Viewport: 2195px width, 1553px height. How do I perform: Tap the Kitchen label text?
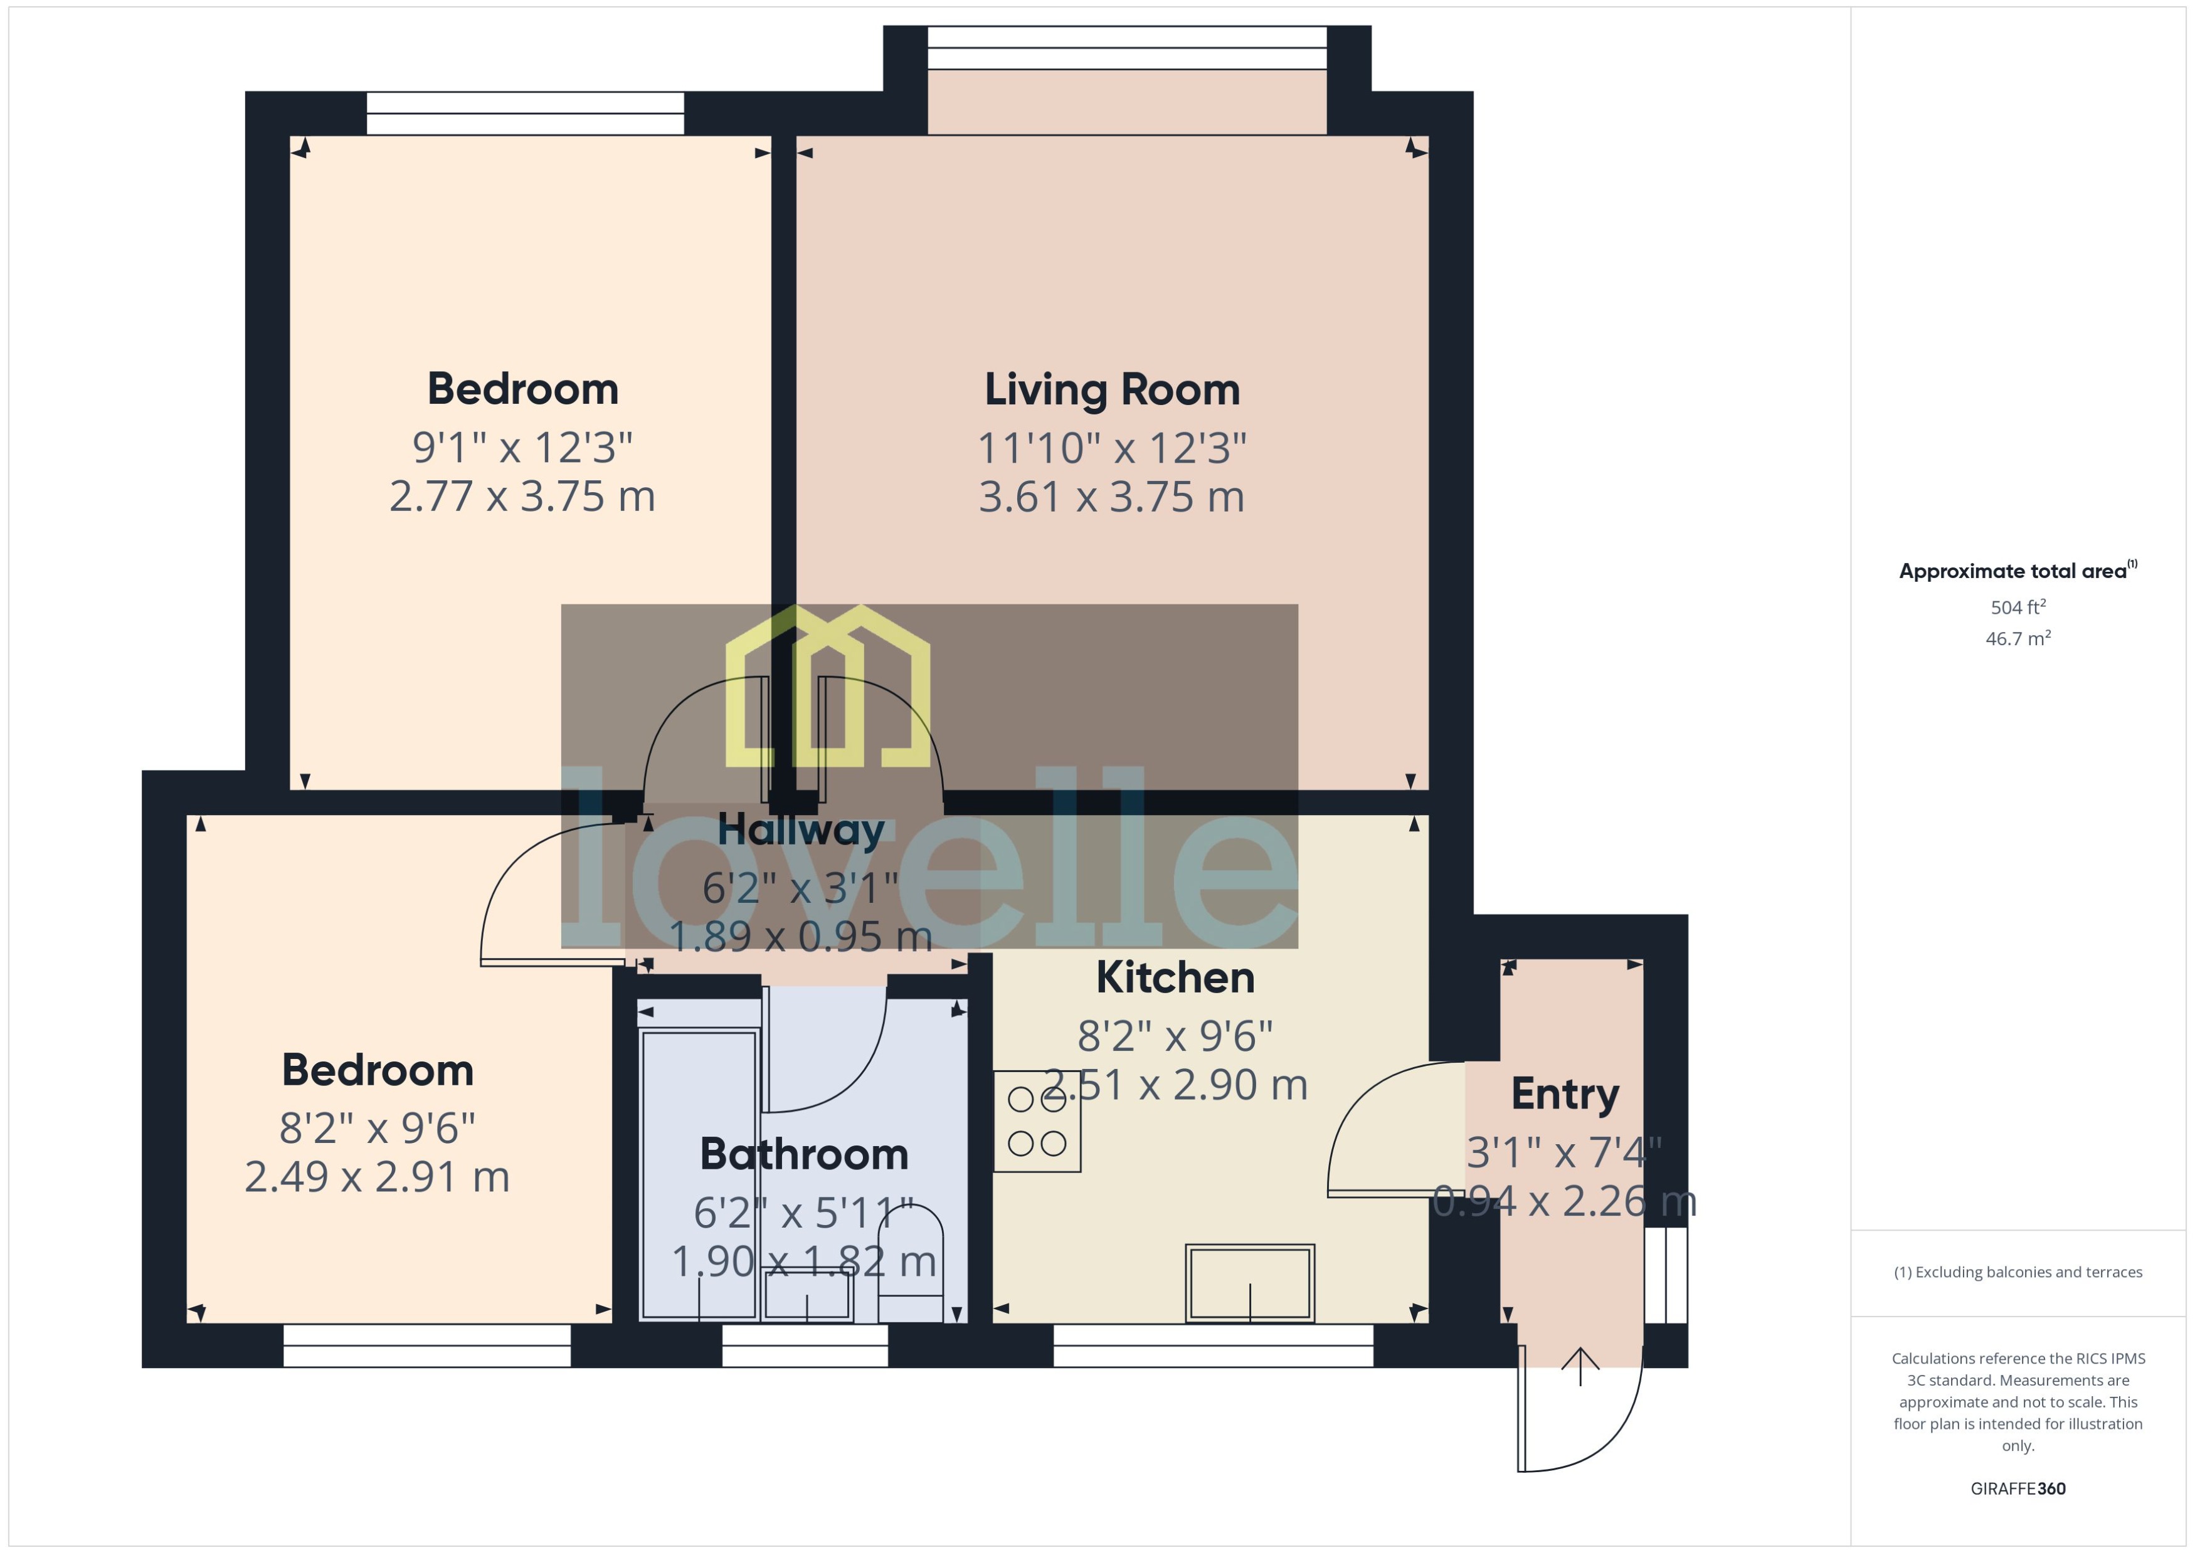tap(1175, 977)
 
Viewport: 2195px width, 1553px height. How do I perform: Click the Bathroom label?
tap(803, 1154)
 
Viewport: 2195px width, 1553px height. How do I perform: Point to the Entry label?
tap(1565, 1094)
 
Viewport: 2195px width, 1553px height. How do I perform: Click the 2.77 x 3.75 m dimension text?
tap(522, 497)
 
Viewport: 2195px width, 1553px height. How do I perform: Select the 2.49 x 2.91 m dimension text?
tap(377, 1177)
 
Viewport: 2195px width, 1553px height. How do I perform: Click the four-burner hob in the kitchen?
tap(1037, 1122)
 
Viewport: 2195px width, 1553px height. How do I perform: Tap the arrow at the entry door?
tap(1580, 1366)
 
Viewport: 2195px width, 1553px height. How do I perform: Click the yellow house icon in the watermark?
tap(827, 687)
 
